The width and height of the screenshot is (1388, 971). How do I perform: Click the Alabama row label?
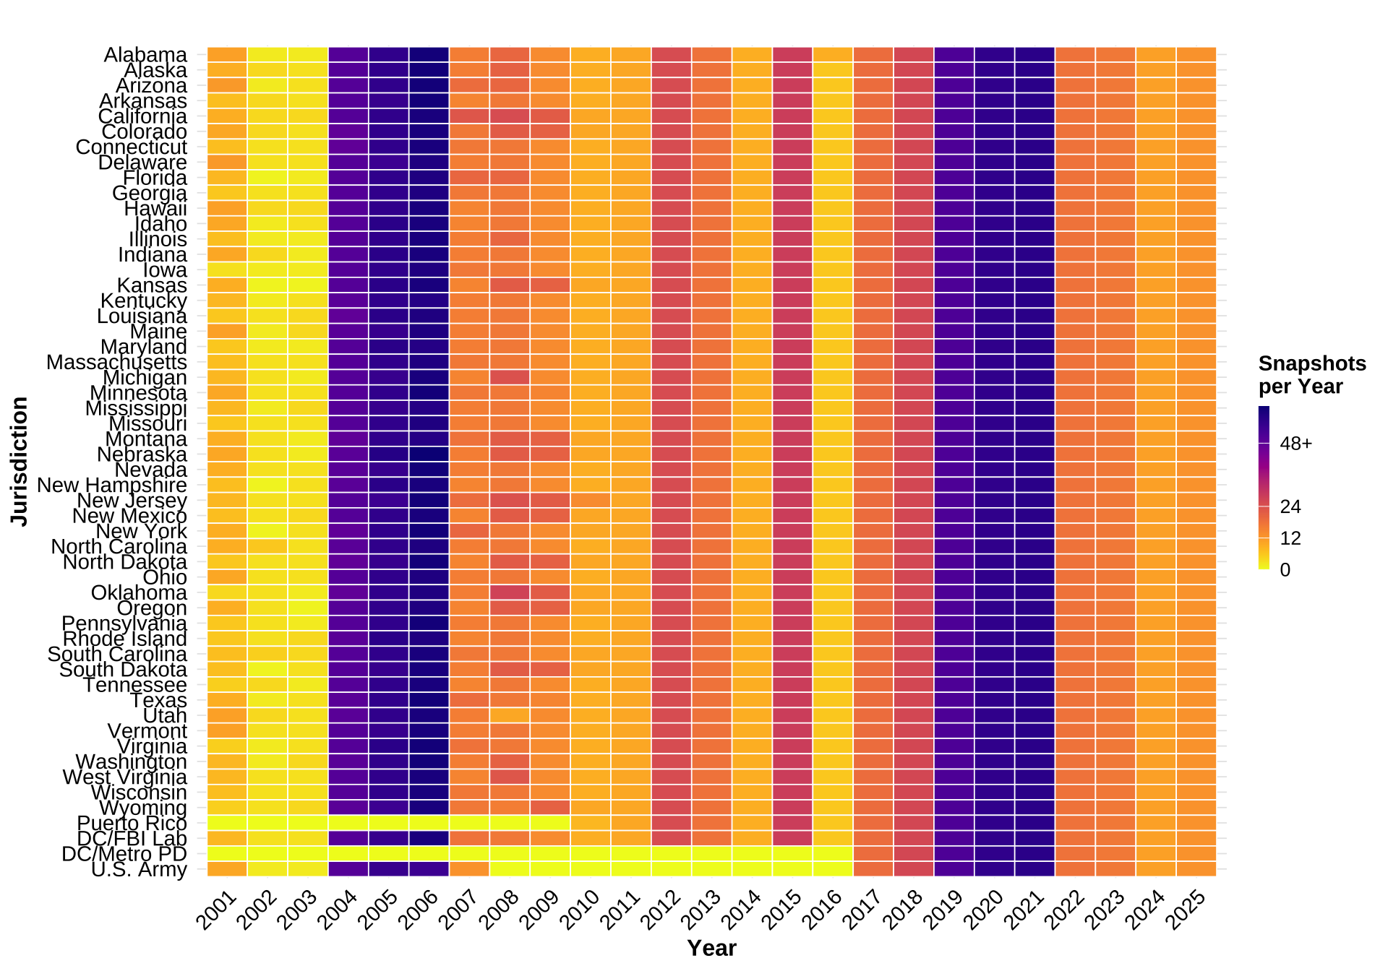point(145,55)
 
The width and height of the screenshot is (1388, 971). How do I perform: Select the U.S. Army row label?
point(139,870)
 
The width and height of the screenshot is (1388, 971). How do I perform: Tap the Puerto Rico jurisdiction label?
point(132,824)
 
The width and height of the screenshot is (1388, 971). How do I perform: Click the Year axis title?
point(711,948)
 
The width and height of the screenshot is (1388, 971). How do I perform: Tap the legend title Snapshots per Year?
point(1311,375)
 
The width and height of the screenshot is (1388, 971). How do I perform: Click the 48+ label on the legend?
point(1295,444)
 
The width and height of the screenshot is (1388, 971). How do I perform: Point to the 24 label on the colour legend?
point(1290,506)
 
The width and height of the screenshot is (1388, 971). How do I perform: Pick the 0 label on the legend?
point(1285,570)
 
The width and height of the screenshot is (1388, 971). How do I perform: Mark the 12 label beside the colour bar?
point(1290,538)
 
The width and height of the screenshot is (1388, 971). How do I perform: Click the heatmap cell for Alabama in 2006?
point(429,55)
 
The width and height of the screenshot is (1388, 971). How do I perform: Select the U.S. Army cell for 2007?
point(469,869)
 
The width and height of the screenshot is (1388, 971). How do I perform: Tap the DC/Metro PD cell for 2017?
point(873,854)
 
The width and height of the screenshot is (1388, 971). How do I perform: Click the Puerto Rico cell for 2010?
point(590,823)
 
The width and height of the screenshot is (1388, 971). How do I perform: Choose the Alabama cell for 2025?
point(1196,55)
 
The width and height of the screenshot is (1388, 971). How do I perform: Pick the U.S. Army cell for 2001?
point(227,869)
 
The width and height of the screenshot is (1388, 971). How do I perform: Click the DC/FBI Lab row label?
point(132,839)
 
